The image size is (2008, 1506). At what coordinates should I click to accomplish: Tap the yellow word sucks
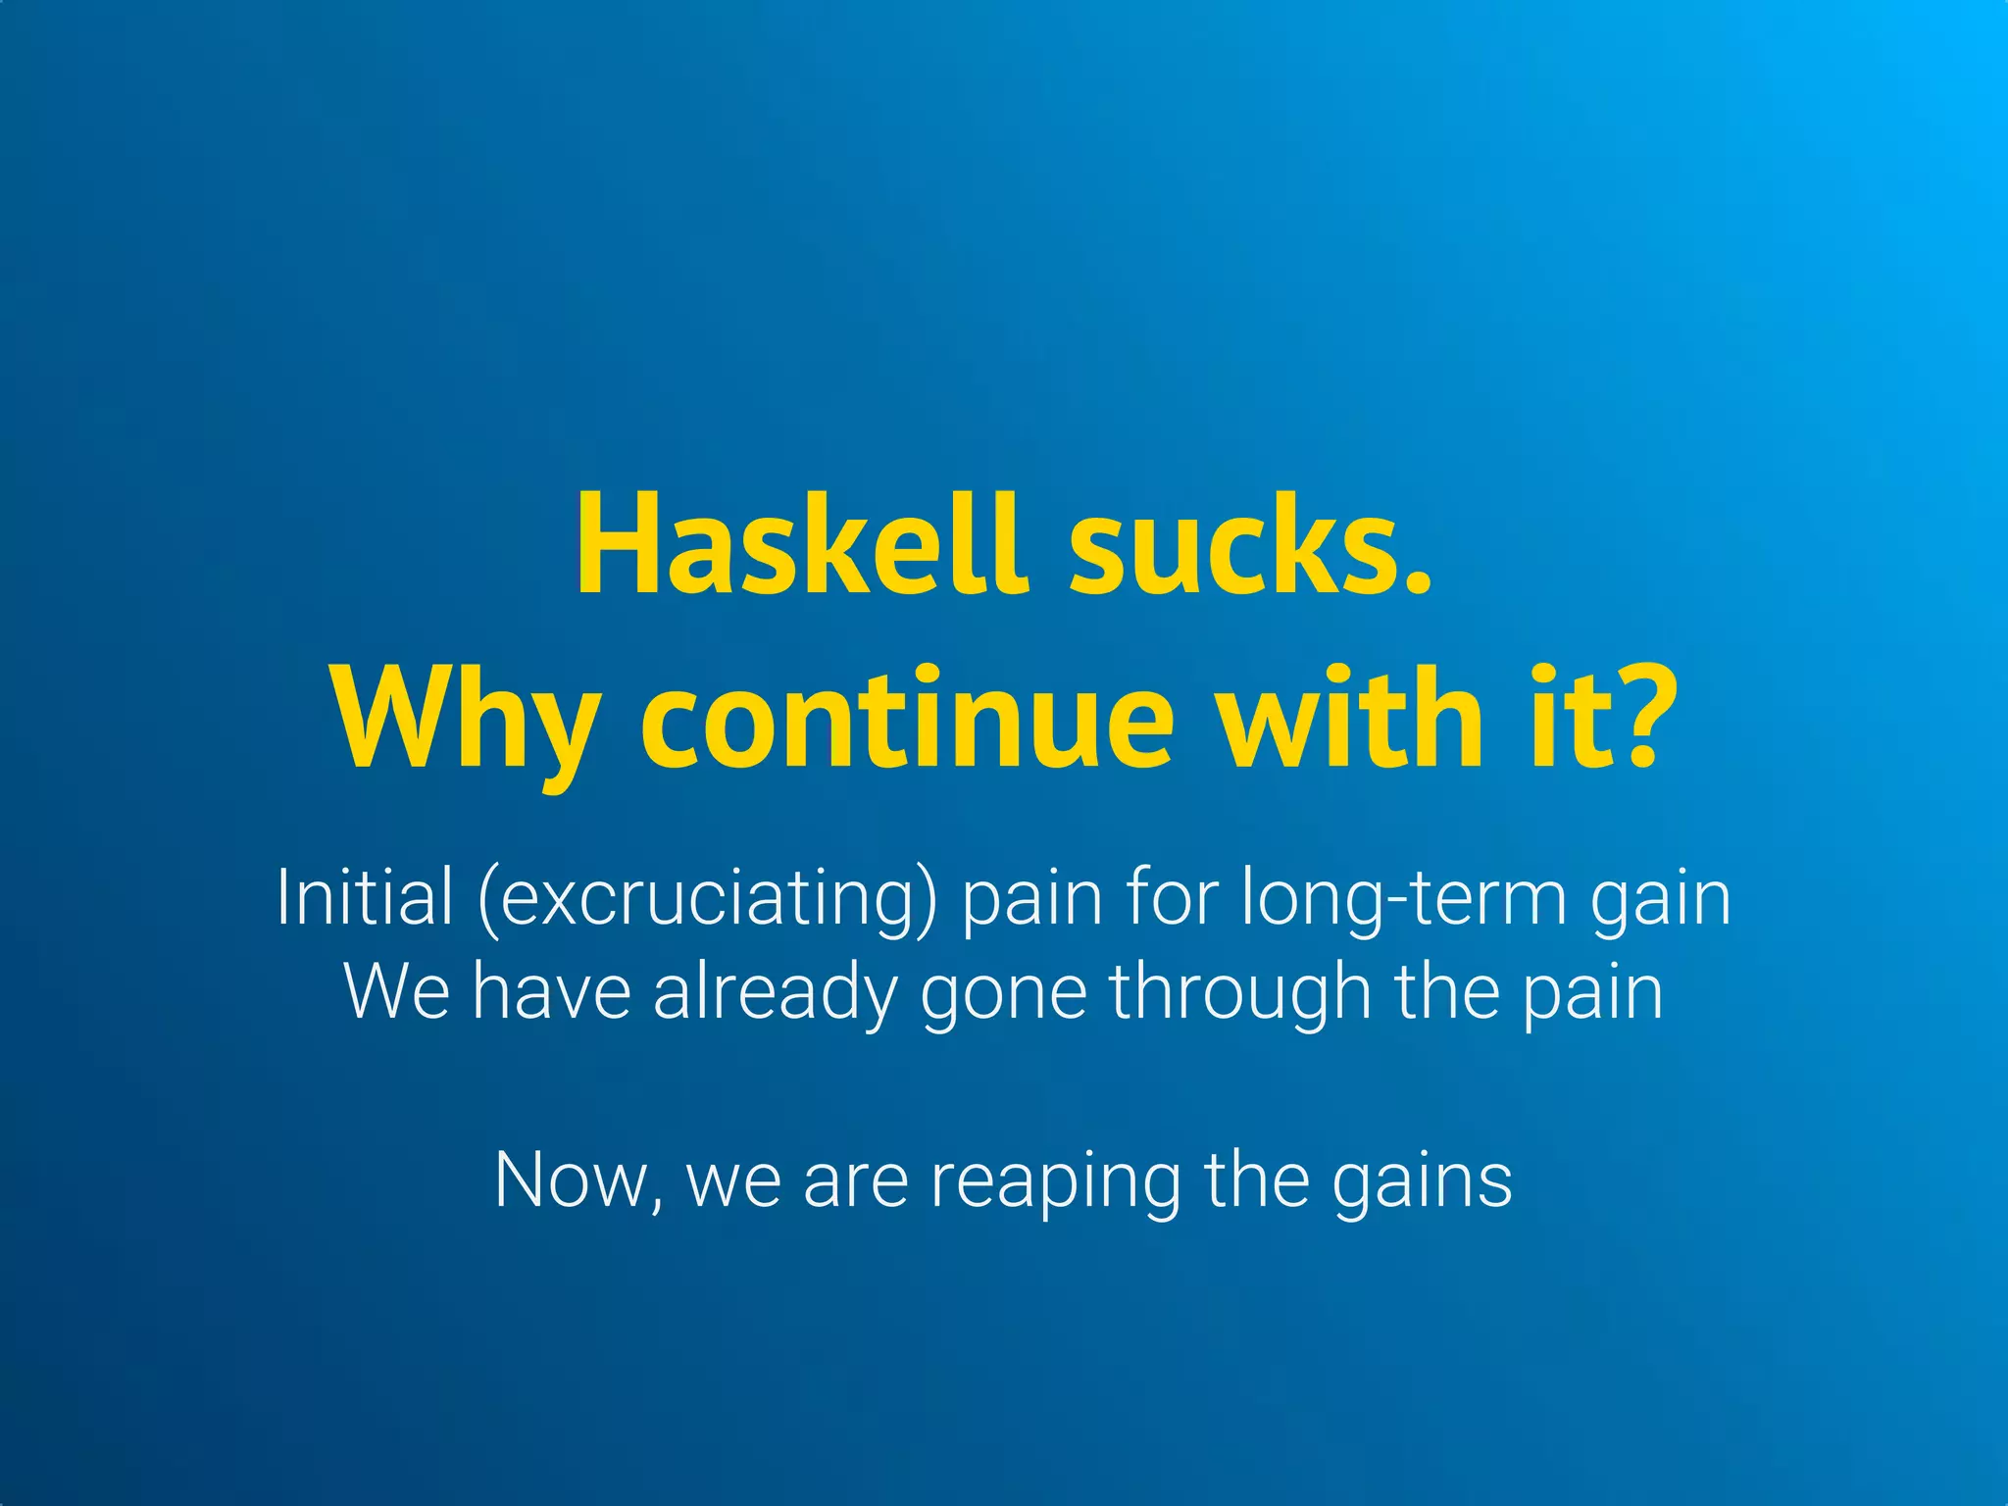(x=1250, y=545)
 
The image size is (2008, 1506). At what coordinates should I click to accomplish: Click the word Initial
(x=365, y=896)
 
